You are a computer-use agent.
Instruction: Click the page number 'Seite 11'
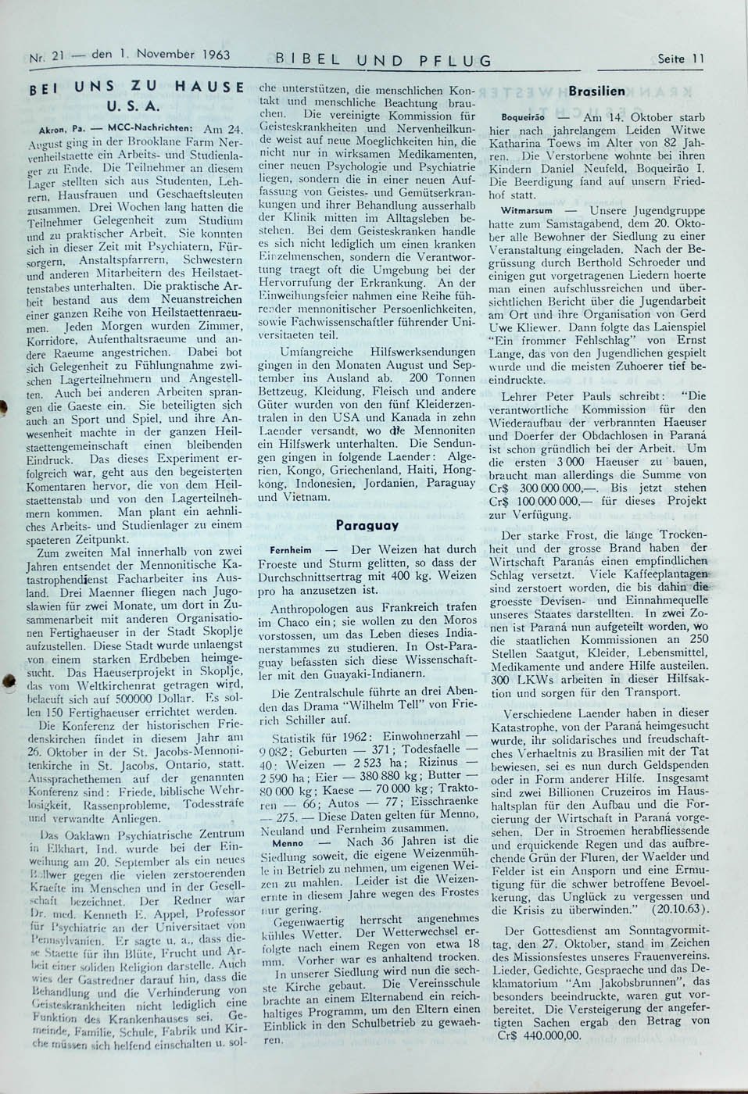coord(682,58)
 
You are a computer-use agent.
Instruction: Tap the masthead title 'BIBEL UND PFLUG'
coord(384,59)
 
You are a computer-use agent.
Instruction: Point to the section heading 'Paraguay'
coord(367,526)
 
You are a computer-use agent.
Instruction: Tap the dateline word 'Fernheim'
coord(290,550)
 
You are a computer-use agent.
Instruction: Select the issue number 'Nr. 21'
coord(45,57)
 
